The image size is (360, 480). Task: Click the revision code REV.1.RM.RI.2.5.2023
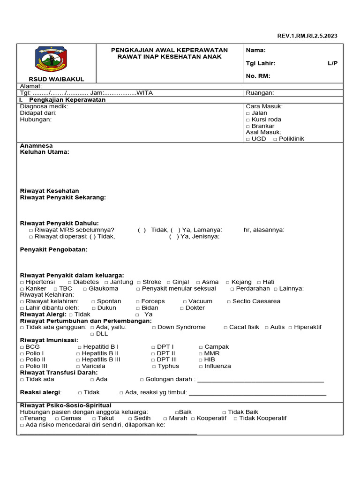tap(307, 36)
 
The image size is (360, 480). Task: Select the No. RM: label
tap(258, 76)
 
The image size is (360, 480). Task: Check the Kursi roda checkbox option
tap(248, 120)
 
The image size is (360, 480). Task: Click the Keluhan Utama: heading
tap(45, 152)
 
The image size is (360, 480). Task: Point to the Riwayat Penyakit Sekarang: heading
tap(63, 197)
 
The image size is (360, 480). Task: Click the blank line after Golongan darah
tap(260, 380)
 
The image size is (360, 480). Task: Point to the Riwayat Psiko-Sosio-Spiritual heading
tap(66, 405)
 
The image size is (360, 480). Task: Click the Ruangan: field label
tap(260, 93)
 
